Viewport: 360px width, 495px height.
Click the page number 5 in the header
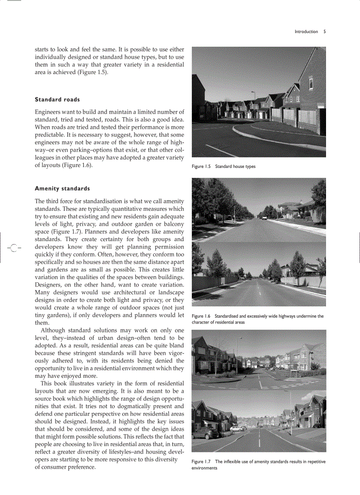click(x=324, y=32)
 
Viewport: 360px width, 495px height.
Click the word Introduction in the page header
click(x=306, y=32)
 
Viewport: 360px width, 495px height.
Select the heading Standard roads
click(x=57, y=100)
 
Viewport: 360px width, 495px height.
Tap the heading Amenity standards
click(x=62, y=189)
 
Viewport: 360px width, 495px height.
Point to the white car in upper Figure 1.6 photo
click(x=264, y=217)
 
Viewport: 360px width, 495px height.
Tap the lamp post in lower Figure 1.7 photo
click(x=291, y=410)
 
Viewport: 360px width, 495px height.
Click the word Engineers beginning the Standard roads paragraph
click(x=49, y=112)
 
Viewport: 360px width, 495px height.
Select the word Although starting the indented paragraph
click(x=53, y=331)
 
